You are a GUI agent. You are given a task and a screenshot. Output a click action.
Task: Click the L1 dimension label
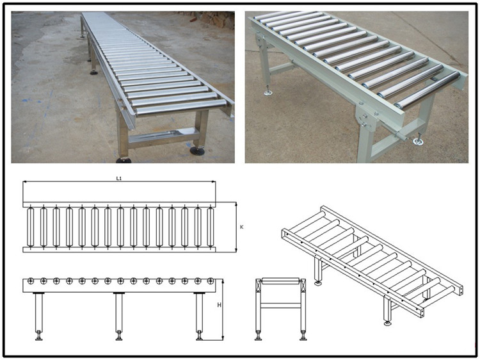119,178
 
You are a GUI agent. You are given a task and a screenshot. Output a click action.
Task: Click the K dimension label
241,227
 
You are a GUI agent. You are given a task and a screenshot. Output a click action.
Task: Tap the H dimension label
219,305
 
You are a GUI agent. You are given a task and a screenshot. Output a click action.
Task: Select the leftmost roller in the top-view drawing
30,227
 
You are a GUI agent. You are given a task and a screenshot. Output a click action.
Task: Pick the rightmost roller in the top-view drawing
210,227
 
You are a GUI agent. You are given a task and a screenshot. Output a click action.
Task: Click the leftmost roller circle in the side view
30,281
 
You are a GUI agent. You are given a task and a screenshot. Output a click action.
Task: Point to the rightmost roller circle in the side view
211,281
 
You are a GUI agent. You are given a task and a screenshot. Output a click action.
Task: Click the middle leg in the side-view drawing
119,313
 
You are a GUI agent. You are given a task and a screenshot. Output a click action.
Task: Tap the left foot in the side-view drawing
38,336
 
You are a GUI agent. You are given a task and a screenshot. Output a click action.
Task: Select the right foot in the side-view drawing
200,336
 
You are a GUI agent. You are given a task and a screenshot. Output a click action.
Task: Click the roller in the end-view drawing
280,281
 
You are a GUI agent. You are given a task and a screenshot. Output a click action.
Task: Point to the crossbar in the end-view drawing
280,306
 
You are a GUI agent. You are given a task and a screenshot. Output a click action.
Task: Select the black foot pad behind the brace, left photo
197,151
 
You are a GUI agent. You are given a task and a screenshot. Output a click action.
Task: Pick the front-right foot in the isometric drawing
388,323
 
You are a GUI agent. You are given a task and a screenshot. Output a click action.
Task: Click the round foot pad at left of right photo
268,92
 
